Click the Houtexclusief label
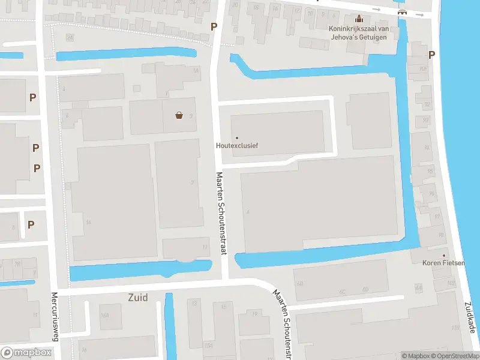point(237,146)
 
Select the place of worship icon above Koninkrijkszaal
point(359,19)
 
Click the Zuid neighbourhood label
point(138,297)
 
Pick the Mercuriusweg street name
point(55,317)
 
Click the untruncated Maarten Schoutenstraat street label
point(220,214)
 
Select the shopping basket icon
point(179,115)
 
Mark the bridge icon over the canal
point(402,11)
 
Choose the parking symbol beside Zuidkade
point(431,55)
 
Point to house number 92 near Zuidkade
point(427,103)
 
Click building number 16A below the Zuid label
point(104,316)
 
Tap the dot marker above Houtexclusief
point(237,138)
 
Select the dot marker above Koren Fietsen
point(444,256)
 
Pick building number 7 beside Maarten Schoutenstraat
point(192,182)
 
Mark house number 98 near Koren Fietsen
point(441,235)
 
